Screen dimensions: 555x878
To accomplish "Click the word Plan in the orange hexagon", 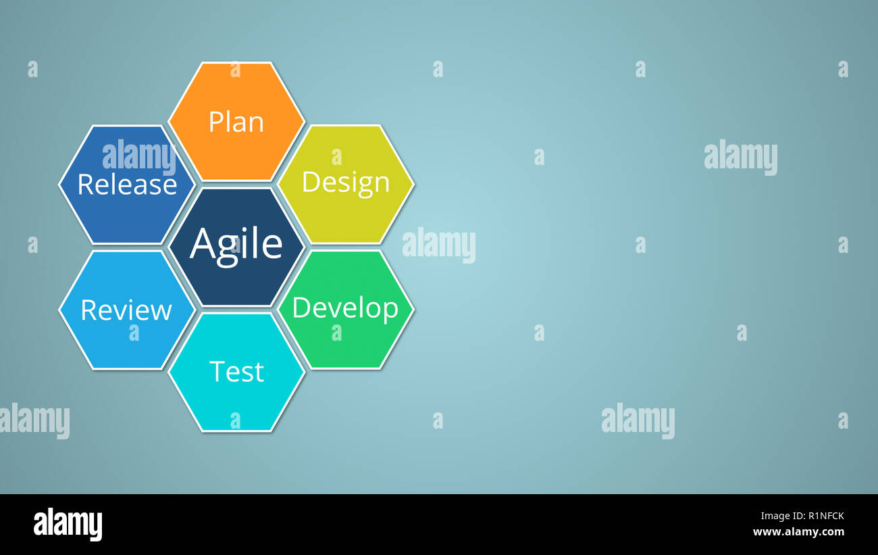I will tap(236, 122).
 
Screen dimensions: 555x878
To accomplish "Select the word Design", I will tap(345, 183).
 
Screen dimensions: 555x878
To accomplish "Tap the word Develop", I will tap(345, 308).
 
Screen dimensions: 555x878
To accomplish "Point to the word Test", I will tap(236, 372).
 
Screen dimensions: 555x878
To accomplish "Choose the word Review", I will tap(126, 310).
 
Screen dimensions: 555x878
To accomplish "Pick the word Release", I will tap(127, 185).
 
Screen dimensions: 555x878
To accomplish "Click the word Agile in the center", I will tap(236, 244).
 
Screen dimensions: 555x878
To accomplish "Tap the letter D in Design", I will tap(310, 182).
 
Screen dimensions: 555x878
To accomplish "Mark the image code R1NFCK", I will tap(818, 516).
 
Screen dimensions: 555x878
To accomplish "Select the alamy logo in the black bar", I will tap(68, 525).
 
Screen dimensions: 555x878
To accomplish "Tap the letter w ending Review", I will tap(162, 311).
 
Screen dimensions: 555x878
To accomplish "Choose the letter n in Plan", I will tap(255, 124).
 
